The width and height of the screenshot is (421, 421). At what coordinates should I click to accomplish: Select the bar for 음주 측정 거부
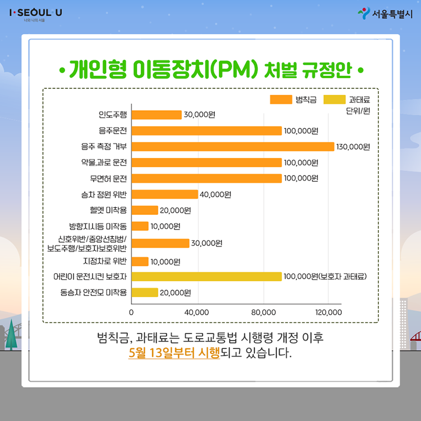point(233,146)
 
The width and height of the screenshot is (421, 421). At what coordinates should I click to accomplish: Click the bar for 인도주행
point(157,115)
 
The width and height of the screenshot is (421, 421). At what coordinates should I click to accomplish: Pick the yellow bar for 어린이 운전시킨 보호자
point(207,276)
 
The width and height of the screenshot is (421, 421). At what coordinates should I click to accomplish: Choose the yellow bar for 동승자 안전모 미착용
point(145,292)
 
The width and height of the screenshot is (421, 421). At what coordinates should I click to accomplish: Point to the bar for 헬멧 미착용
point(145,210)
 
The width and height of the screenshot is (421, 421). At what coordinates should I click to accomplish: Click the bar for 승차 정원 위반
point(165,194)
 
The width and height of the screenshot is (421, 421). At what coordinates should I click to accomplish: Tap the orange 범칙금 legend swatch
point(281,100)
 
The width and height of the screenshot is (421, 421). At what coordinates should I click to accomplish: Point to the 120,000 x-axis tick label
point(328,312)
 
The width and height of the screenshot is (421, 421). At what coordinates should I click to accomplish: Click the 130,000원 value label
point(353,147)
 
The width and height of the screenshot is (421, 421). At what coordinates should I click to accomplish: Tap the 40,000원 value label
point(215,194)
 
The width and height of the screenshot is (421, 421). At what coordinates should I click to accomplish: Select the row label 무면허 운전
point(109,178)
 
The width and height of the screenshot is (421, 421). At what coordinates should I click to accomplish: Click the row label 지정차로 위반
point(105,260)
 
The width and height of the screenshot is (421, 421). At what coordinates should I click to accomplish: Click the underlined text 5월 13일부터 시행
point(174,352)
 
